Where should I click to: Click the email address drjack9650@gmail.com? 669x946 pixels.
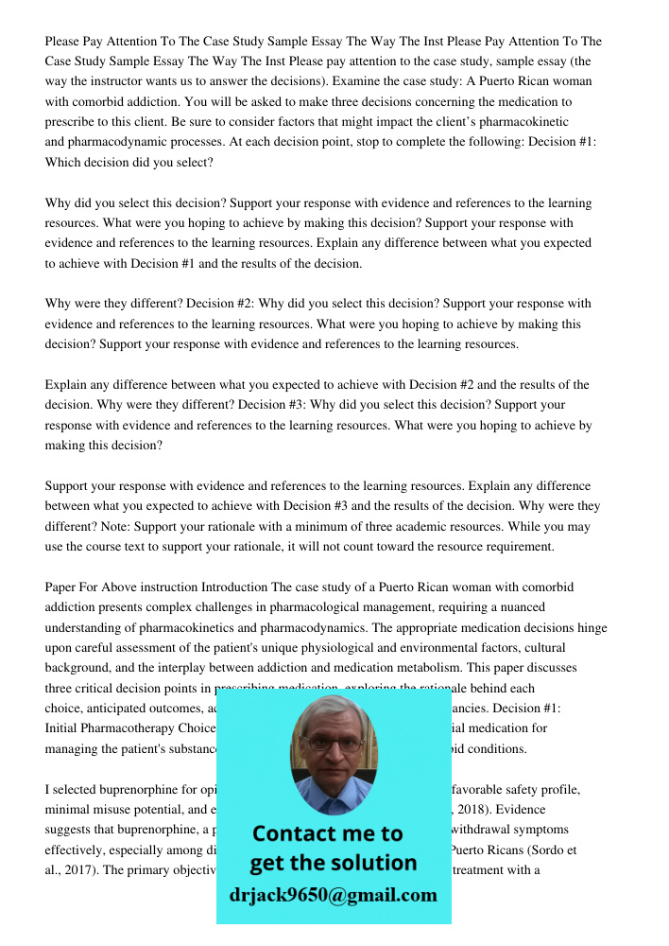[x=333, y=895]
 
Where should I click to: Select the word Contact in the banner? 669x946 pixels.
[x=298, y=833]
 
